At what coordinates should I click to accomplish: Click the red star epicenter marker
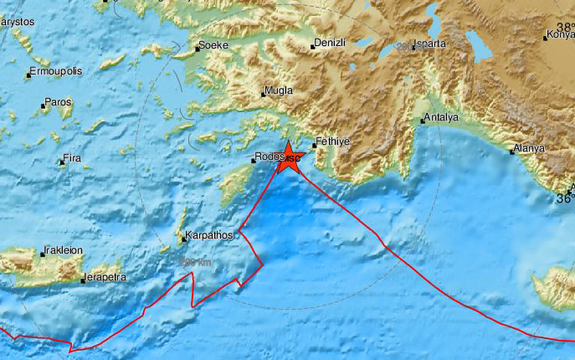289,157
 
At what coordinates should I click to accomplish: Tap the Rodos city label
270,156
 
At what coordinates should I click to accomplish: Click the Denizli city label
329,43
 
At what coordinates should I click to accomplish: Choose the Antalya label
442,117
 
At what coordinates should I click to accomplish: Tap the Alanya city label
529,148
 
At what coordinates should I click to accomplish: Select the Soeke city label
215,46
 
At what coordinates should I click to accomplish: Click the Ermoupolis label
56,72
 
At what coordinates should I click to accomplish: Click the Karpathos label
208,236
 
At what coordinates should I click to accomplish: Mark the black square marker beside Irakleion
42,253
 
